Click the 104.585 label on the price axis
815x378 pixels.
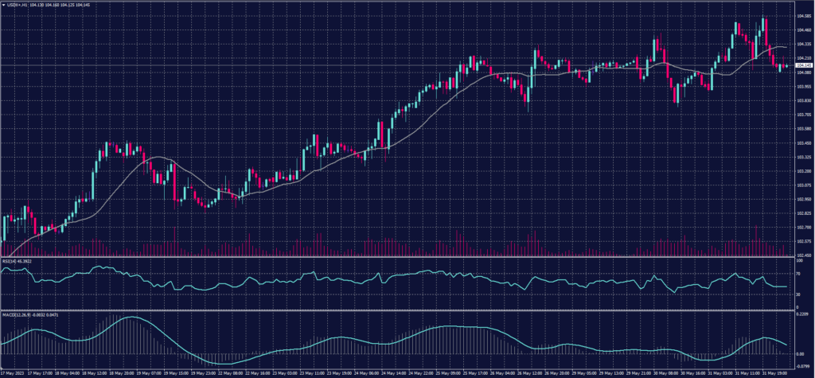tap(803, 15)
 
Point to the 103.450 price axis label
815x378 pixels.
tap(803, 143)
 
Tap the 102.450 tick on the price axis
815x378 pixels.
tap(803, 255)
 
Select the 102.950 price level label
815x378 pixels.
tap(803, 200)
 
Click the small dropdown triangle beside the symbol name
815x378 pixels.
tap(3, 4)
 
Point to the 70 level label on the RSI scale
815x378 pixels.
tap(797, 273)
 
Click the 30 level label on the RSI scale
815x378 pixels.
tap(797, 294)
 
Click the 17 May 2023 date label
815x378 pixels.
tap(13, 372)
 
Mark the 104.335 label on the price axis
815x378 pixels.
tap(803, 44)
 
